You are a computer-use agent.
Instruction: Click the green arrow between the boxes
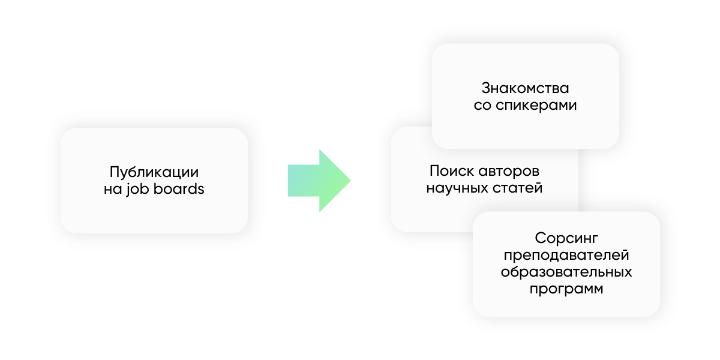click(x=315, y=180)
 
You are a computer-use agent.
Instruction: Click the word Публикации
click(x=154, y=171)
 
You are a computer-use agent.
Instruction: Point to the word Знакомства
click(x=525, y=88)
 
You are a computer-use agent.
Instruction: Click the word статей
click(x=520, y=188)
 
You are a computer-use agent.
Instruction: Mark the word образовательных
click(x=566, y=272)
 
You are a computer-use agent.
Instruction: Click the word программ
click(x=566, y=290)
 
